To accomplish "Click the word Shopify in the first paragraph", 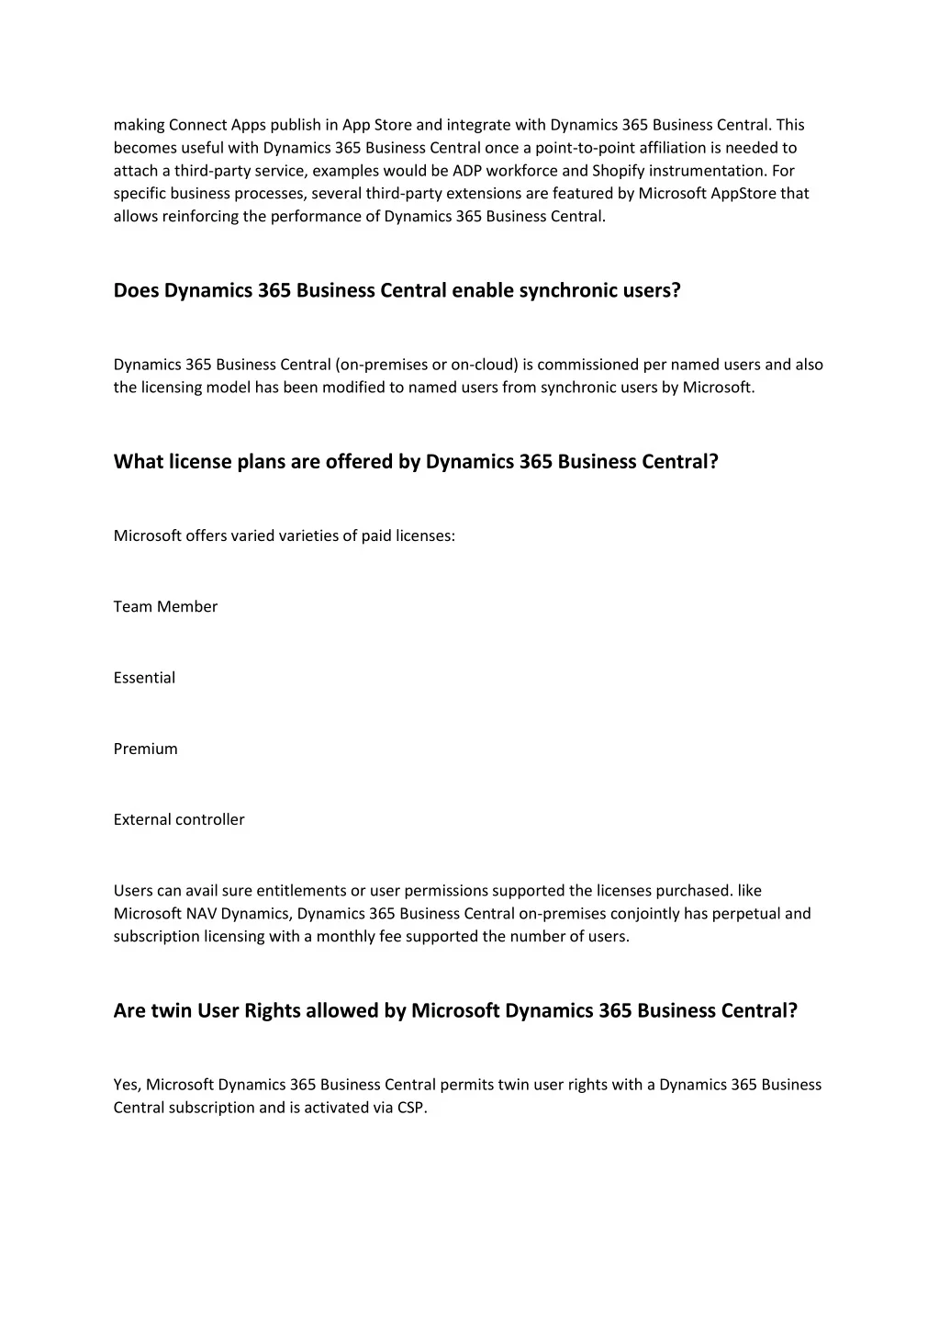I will click(x=618, y=171).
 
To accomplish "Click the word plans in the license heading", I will click(x=261, y=461).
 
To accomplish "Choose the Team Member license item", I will click(x=165, y=607).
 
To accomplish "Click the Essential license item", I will click(x=144, y=678).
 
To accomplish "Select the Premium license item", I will click(x=145, y=749).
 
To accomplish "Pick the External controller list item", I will click(x=179, y=819).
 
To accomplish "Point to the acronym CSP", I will click(x=411, y=1108).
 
